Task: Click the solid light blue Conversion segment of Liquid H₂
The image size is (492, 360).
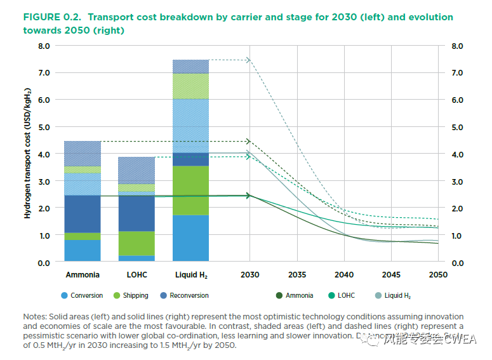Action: (x=190, y=238)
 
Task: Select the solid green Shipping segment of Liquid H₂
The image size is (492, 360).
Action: (x=190, y=190)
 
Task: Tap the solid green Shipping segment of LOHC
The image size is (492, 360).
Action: (x=136, y=243)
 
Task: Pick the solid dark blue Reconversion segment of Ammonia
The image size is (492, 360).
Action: (x=83, y=214)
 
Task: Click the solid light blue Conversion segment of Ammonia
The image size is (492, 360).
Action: (x=83, y=250)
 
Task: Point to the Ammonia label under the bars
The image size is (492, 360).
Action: (x=83, y=275)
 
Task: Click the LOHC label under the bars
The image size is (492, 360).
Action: (x=136, y=275)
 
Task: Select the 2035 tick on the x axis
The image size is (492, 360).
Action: (x=297, y=275)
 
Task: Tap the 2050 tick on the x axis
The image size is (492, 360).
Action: (x=438, y=275)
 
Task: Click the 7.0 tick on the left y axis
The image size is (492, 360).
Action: (x=43, y=73)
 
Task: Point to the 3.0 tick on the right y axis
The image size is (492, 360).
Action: (x=456, y=182)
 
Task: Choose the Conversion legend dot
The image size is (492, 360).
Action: (x=64, y=295)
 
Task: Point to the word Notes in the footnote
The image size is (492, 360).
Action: (x=35, y=316)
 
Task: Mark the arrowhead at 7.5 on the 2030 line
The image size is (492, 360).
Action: (x=248, y=60)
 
